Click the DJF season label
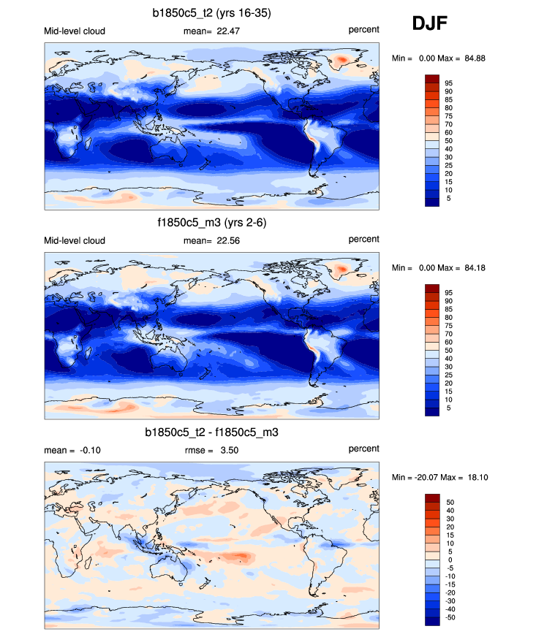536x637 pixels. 429,23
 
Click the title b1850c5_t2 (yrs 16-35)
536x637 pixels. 211,12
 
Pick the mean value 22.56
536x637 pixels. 226,240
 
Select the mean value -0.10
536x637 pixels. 87,449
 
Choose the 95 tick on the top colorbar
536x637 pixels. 450,83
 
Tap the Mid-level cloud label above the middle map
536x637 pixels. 75,240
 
